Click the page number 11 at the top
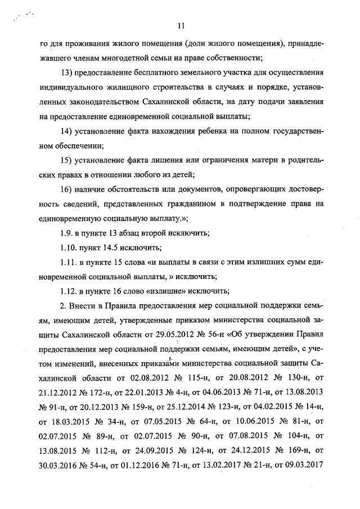(181, 25)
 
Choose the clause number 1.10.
(69, 247)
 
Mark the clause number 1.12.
(69, 291)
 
